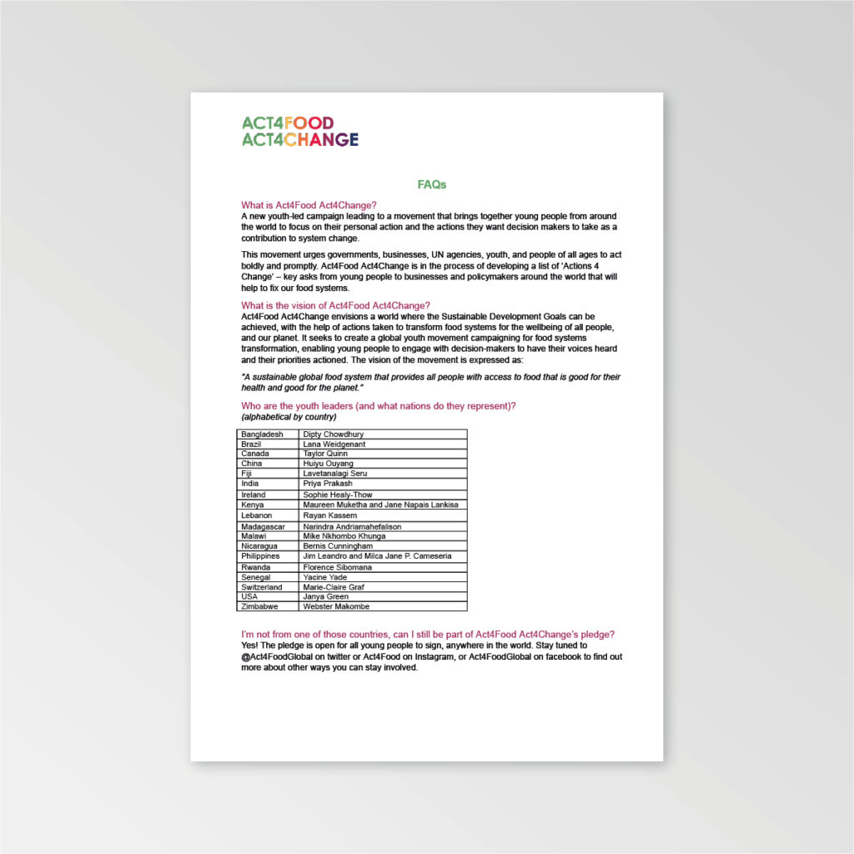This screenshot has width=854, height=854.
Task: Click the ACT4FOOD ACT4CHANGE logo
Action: tap(299, 131)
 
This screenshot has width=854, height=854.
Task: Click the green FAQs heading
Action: tap(432, 184)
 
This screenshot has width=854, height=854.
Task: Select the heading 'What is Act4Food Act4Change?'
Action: tap(309, 205)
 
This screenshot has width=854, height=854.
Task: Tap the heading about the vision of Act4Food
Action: tap(335, 305)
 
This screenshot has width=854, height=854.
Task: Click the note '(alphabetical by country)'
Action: tap(289, 416)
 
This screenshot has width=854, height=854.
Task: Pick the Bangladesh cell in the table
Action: tap(262, 435)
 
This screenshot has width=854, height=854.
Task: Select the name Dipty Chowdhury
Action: tap(333, 435)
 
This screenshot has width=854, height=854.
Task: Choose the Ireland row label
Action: tap(253, 495)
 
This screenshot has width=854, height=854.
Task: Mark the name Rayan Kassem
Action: tap(329, 515)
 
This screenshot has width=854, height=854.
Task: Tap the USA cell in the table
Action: tap(249, 597)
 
